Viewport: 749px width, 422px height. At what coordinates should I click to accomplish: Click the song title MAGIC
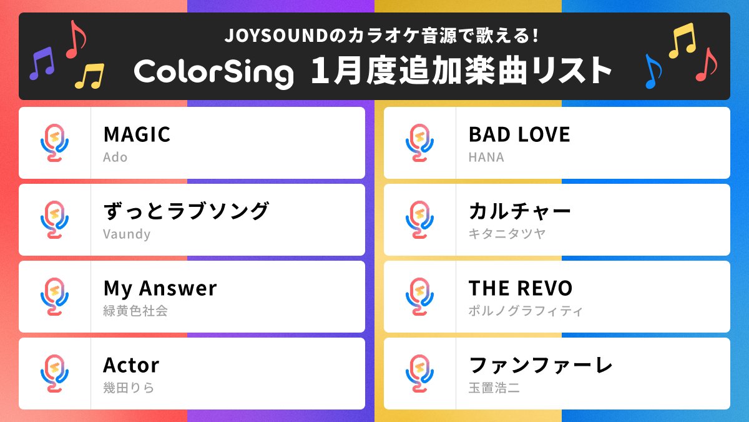(137, 134)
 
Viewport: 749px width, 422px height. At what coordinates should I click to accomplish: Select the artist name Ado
(115, 157)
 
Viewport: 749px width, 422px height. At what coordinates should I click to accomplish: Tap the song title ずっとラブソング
(186, 211)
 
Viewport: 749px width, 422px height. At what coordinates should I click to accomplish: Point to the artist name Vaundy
(127, 234)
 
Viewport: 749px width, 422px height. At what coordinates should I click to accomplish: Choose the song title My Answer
(160, 288)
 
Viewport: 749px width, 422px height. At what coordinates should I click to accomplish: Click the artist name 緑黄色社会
(135, 311)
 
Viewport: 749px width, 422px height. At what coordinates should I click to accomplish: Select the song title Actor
(131, 365)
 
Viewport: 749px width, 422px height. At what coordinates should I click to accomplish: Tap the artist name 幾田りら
(129, 388)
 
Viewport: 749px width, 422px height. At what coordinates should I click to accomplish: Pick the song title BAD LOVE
(519, 134)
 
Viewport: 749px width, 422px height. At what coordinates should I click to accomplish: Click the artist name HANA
(486, 157)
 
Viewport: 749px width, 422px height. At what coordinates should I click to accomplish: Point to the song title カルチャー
(520, 211)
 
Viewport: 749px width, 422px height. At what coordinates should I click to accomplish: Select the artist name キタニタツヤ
(507, 234)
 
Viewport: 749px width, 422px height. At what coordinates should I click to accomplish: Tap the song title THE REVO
(521, 288)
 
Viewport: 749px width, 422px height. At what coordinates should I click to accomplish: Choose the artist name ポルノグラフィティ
(526, 311)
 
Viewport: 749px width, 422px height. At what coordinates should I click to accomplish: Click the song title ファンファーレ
(541, 365)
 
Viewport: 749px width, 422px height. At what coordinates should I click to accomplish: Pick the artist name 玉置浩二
(494, 388)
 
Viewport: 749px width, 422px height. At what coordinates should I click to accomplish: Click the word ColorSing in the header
(213, 72)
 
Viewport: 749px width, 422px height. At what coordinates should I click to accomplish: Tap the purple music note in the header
(42, 63)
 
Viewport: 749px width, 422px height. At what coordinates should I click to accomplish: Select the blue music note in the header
(652, 71)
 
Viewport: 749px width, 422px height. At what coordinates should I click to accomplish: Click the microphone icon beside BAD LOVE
(419, 143)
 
